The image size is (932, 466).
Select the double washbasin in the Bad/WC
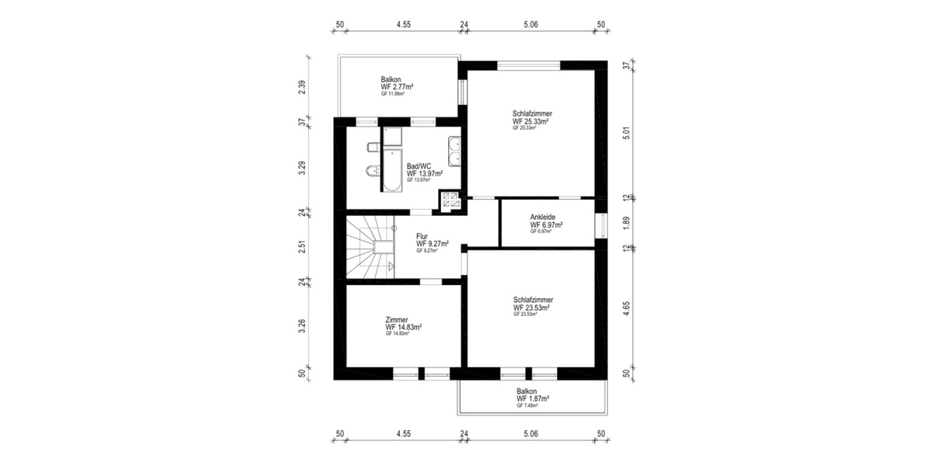pyautogui.click(x=454, y=151)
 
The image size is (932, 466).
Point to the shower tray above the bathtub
pyautogui.click(x=391, y=137)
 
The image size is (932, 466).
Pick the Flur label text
pyautogui.click(x=423, y=236)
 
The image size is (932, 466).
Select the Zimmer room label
pyautogui.click(x=397, y=319)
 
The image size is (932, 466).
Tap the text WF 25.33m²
pyautogui.click(x=531, y=121)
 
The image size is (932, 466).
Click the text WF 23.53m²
pyautogui.click(x=531, y=308)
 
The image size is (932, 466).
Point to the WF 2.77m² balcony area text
pyautogui.click(x=396, y=87)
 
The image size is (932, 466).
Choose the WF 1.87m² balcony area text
pyautogui.click(x=533, y=398)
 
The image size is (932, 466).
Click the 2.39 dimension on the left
pyautogui.click(x=302, y=88)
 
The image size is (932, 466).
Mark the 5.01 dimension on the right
pyautogui.click(x=627, y=134)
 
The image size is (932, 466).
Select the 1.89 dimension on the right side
pyautogui.click(x=627, y=224)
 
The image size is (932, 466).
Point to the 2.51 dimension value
pyautogui.click(x=302, y=247)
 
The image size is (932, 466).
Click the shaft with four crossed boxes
pyautogui.click(x=450, y=200)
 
